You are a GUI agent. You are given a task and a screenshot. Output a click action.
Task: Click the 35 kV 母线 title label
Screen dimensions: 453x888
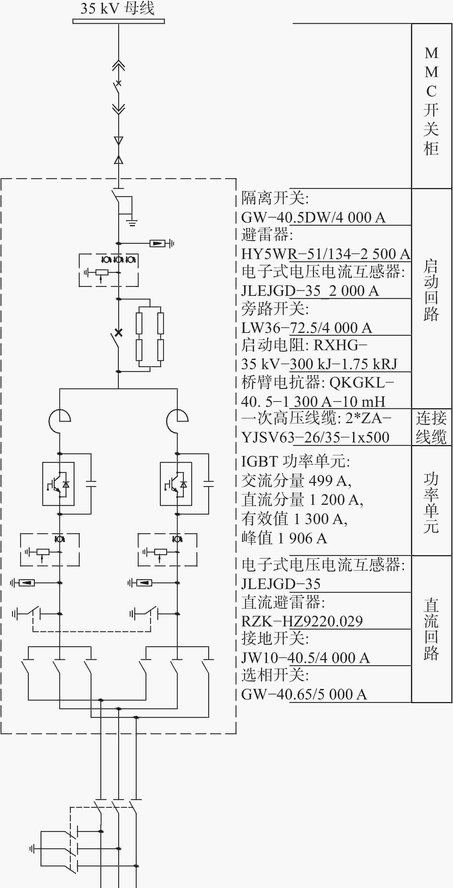[x=117, y=8]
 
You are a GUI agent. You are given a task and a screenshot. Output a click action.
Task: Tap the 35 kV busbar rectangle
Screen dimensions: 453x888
[x=118, y=21]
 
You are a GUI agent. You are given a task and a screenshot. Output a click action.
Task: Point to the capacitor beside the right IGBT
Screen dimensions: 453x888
[x=209, y=484]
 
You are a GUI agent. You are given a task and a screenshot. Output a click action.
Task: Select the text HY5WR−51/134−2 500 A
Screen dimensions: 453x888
[x=326, y=254]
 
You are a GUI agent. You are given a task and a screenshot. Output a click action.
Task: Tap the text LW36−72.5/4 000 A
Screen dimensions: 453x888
[x=307, y=328]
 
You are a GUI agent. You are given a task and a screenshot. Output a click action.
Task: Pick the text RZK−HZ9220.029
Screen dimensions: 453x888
[x=302, y=621]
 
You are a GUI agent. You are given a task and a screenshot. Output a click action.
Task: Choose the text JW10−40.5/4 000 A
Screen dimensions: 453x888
[x=305, y=658]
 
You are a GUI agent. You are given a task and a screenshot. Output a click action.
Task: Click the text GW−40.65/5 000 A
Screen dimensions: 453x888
[x=304, y=694]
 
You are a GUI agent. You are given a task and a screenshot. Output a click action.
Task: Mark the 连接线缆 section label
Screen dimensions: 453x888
[x=431, y=427]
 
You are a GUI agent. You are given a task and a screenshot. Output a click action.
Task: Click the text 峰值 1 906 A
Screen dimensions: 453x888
[x=284, y=538]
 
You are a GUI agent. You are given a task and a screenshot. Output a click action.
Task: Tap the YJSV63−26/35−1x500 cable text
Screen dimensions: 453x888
[x=315, y=438]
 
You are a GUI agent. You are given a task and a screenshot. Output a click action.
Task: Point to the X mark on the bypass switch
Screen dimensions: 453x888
[x=118, y=333]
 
